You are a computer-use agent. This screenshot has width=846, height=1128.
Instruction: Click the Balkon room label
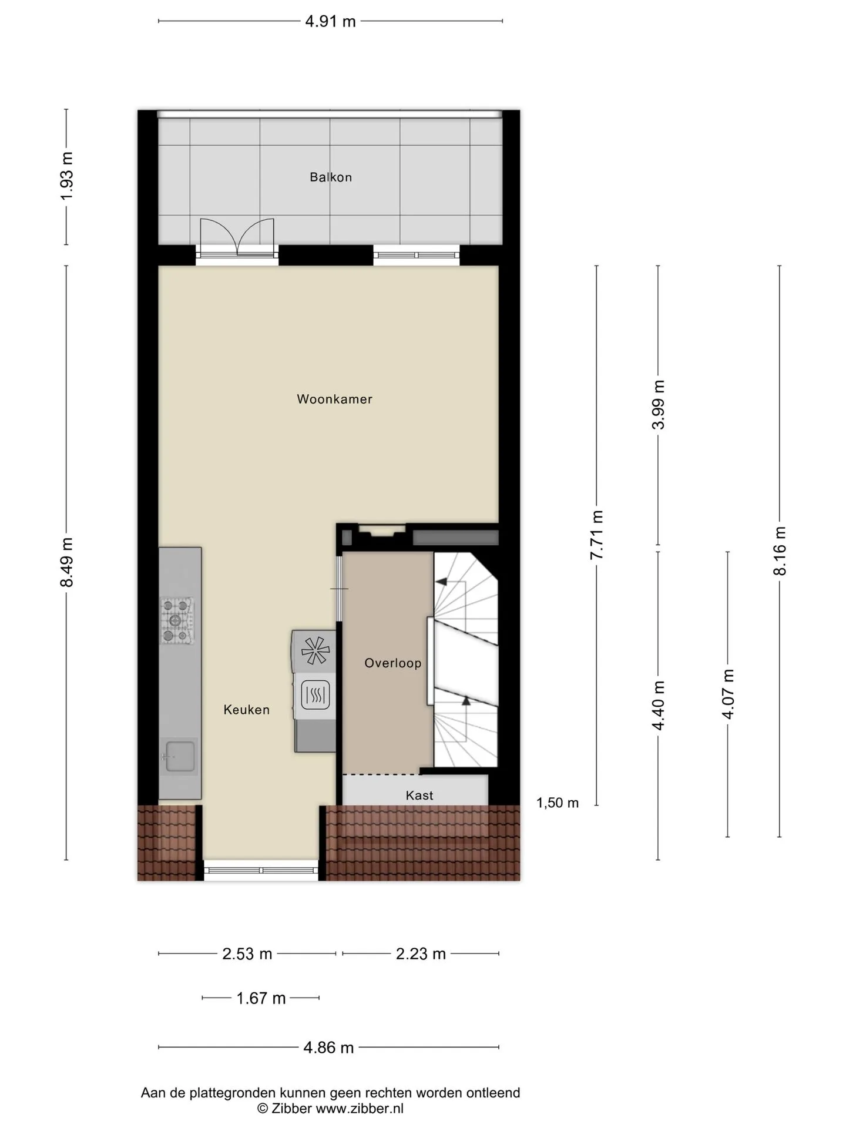(x=331, y=177)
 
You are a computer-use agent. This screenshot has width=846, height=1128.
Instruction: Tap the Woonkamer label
(x=334, y=399)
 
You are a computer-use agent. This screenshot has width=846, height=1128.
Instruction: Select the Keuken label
(x=247, y=710)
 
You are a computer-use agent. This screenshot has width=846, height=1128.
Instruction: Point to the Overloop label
(x=393, y=663)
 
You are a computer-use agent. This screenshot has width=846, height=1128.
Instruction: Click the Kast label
(x=419, y=795)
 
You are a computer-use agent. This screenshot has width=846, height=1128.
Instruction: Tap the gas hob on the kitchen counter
(x=177, y=620)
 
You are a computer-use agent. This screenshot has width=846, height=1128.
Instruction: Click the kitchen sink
(x=179, y=757)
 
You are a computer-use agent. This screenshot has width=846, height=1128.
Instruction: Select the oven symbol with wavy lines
(x=315, y=696)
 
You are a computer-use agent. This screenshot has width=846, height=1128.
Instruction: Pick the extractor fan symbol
(x=315, y=651)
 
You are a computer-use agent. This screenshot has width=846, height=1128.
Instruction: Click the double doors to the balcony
(x=237, y=237)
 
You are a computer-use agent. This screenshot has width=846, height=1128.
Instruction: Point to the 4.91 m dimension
(x=330, y=22)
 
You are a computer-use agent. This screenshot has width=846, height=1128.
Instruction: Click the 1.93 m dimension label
(x=67, y=176)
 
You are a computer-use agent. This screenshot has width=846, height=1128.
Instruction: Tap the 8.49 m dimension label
(x=67, y=562)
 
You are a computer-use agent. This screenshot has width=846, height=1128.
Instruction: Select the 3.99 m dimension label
(x=659, y=405)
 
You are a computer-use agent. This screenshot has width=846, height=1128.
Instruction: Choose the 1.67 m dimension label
(x=261, y=998)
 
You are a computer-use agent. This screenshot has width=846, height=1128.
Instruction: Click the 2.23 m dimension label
(x=421, y=954)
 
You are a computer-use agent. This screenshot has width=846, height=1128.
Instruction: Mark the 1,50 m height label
(x=558, y=803)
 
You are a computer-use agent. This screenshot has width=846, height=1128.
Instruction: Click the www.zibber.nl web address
(x=360, y=1109)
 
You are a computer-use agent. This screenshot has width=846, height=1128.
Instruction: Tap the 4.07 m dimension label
(x=728, y=694)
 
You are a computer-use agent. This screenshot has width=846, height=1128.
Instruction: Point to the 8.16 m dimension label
(x=780, y=551)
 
